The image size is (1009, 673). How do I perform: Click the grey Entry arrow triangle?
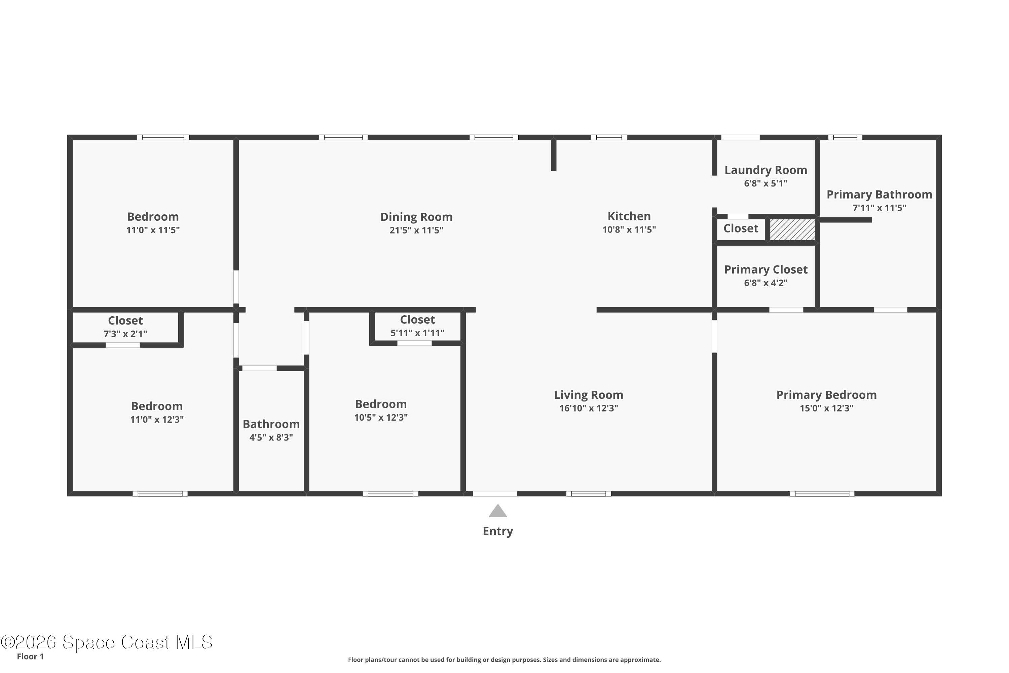click(498, 511)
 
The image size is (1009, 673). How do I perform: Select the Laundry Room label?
click(766, 170)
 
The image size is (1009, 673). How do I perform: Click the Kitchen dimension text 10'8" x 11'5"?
click(629, 229)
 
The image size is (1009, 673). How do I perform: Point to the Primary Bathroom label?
click(879, 195)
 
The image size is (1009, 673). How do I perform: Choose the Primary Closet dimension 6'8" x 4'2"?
click(766, 283)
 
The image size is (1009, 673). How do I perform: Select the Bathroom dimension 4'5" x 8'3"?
click(271, 437)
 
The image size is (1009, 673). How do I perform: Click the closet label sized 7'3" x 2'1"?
click(125, 321)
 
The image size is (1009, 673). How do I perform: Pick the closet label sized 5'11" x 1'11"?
click(417, 320)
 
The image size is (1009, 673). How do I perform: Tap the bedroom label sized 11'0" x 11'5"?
click(153, 217)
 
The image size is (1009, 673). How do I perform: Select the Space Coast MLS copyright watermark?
click(106, 642)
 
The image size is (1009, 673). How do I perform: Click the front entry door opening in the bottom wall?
click(495, 494)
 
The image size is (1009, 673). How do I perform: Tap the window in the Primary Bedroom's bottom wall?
click(822, 494)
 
